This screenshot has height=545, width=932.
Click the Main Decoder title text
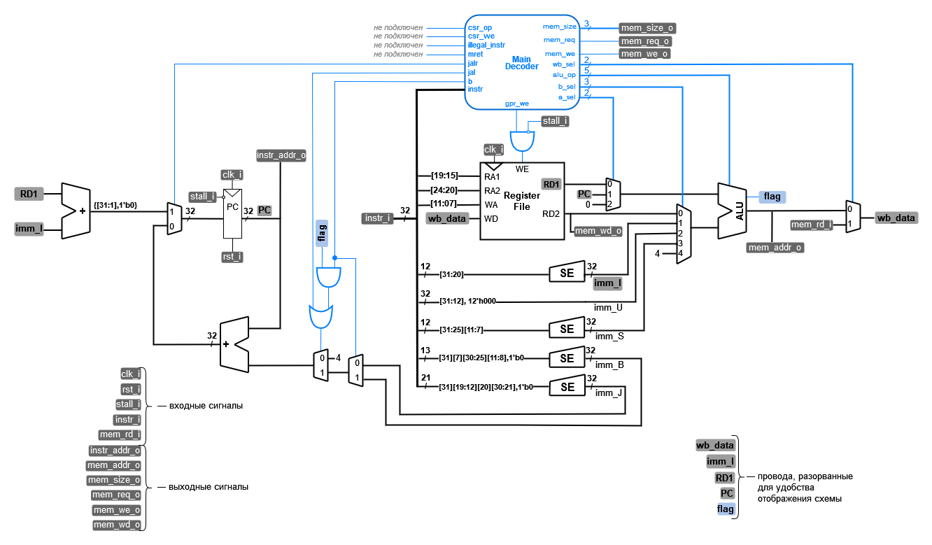pos(521,63)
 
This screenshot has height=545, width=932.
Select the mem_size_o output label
pos(647,28)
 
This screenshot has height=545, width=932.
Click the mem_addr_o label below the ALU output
pos(775,247)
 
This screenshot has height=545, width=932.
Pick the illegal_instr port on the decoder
pos(486,45)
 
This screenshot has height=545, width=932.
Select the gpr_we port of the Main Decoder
pos(516,103)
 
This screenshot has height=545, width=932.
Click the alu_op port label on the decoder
pos(563,75)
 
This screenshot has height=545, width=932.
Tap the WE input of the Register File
pos(522,169)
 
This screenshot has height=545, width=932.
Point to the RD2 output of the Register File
pos(552,214)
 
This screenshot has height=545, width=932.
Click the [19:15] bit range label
pos(444,176)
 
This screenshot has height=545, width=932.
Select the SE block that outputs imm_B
pos(566,358)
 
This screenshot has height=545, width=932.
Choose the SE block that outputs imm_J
pos(566,387)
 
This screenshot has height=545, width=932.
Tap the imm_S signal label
pos(609,336)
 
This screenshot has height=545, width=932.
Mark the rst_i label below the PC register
pos(232,257)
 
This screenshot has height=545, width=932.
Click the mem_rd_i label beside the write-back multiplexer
pos(812,225)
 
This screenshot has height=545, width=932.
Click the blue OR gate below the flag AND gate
pos(321,317)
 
